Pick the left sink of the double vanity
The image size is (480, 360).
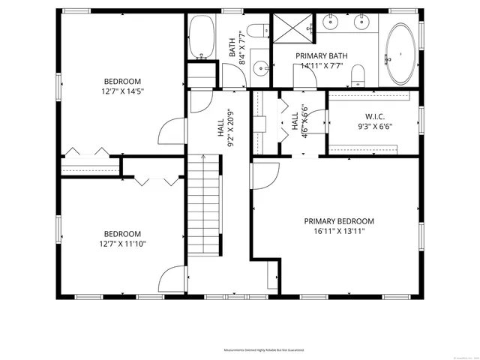pos(331,22)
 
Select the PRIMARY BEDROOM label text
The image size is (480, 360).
pos(338,221)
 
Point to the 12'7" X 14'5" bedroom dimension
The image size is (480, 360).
pos(122,91)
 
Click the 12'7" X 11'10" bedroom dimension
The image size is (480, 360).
pos(122,244)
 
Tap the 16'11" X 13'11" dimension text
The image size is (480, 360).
pos(338,232)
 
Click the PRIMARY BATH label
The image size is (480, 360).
pos(321,56)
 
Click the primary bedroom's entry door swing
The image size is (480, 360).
pos(263,176)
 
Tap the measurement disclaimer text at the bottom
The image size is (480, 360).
pos(268,350)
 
